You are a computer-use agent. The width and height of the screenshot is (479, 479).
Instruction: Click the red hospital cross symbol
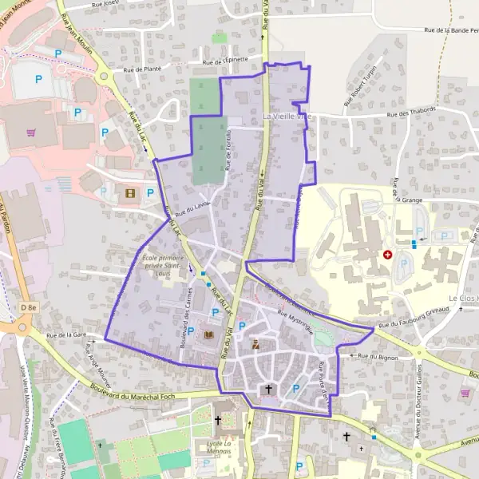pos(387,255)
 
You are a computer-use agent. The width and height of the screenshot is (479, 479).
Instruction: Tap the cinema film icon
pos(130,192)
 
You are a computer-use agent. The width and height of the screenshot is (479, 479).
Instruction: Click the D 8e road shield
pos(30,307)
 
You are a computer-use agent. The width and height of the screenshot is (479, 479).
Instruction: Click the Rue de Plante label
pos(142,69)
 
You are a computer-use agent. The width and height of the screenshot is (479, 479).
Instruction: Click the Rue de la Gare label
pos(66,335)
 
